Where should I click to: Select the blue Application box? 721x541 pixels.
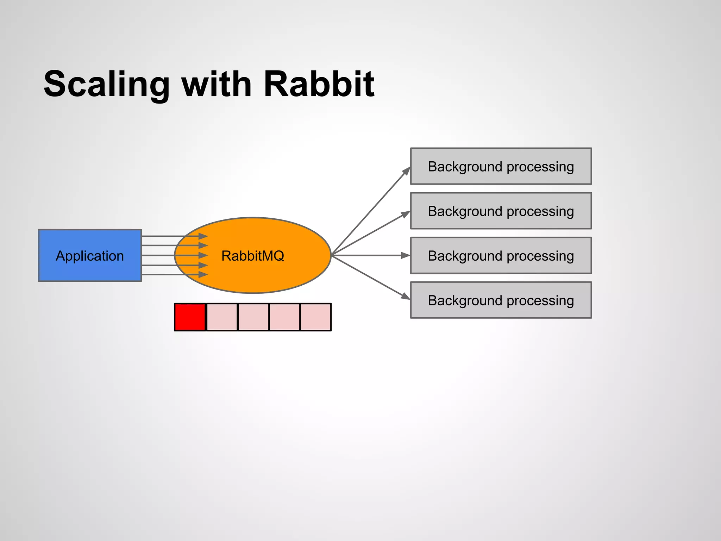point(90,255)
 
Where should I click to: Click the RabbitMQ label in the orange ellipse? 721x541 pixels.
point(252,256)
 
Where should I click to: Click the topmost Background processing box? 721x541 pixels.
point(501,166)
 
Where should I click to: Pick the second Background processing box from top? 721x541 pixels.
point(501,211)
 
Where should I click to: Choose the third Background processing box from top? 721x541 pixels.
point(501,255)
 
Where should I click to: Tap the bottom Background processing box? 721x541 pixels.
point(501,300)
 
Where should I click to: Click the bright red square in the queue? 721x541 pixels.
point(190,317)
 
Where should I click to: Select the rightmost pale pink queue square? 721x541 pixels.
point(315,317)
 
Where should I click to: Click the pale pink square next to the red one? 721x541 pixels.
point(222,317)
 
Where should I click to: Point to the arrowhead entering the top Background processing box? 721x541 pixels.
point(406,172)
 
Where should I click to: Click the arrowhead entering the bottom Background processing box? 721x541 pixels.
point(406,296)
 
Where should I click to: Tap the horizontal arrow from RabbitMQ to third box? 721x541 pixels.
point(370,255)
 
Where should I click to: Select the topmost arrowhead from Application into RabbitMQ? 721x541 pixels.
point(203,236)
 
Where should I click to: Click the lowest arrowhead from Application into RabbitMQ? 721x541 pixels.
point(203,274)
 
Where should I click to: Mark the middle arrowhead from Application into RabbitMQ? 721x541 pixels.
point(203,255)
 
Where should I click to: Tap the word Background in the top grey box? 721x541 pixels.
point(465,166)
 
